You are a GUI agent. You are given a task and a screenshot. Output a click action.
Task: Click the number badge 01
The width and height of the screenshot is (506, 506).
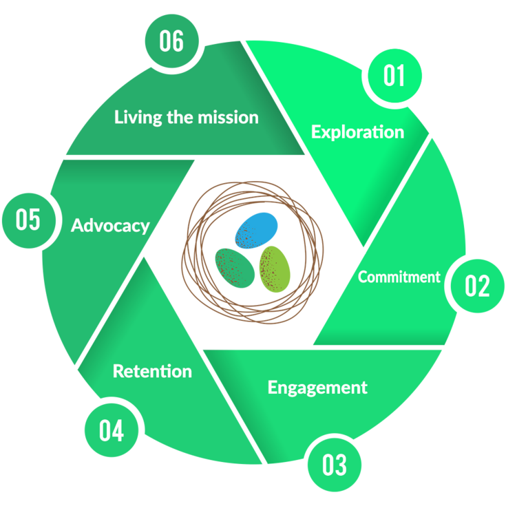394,75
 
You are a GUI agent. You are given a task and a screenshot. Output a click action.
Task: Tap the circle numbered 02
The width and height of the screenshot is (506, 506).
476,285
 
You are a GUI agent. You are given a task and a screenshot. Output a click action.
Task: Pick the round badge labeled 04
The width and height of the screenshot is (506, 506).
112,431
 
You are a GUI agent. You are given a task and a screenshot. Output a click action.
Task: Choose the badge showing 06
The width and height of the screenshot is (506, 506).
171,41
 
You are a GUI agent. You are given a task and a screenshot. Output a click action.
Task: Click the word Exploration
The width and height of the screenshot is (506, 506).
357,131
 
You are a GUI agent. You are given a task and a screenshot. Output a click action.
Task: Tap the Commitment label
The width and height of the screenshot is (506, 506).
399,277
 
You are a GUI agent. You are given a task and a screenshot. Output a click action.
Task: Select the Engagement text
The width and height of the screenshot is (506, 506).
317,387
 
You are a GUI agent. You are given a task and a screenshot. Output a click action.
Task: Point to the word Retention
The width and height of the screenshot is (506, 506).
152,371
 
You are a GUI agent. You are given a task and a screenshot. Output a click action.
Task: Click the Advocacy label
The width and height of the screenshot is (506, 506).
110,225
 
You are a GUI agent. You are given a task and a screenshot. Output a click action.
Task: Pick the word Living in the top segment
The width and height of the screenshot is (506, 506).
136,117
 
